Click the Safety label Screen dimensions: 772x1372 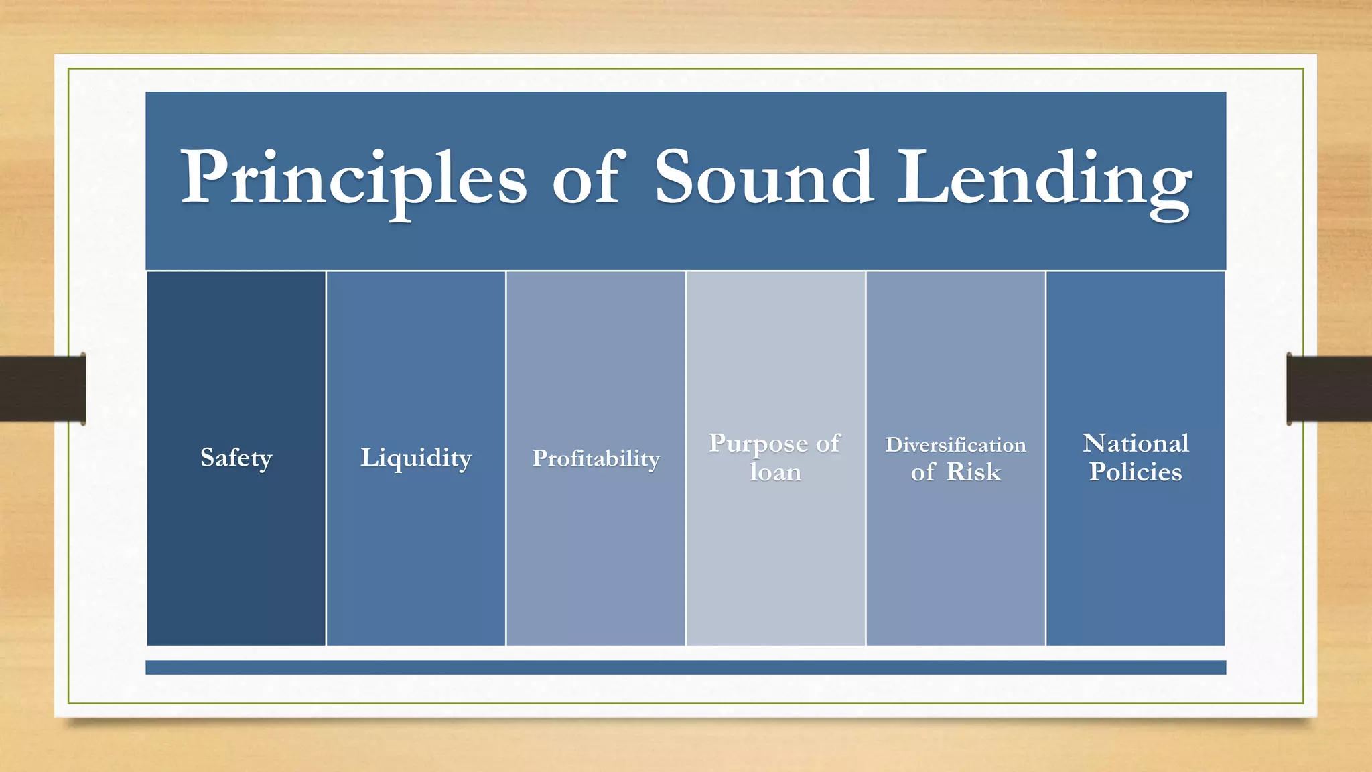pos(236,458)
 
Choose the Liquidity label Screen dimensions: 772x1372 pos(416,458)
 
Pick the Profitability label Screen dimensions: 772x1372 pos(596,458)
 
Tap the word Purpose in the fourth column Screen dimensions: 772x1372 pos(758,444)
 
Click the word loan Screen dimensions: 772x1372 pos(775,472)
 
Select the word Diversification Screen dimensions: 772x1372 pos(955,445)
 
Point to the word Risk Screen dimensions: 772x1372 pos(973,472)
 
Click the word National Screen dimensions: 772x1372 pos(1136,444)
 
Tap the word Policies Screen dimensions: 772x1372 pos(1136,472)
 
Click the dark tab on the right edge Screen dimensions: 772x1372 pos(1329,389)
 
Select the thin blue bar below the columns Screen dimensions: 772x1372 pos(685,667)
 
